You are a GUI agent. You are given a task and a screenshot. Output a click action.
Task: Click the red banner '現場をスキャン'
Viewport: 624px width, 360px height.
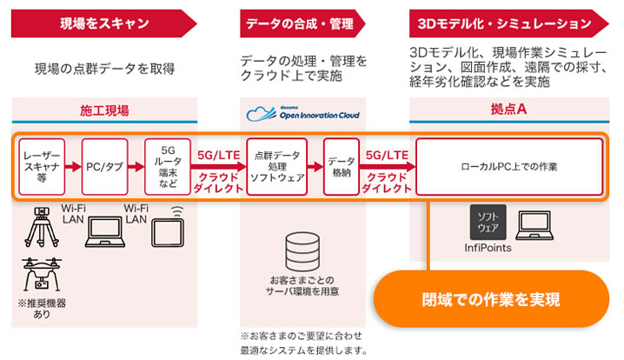click(x=104, y=23)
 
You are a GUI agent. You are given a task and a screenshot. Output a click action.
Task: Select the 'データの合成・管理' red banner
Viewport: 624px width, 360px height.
click(x=302, y=23)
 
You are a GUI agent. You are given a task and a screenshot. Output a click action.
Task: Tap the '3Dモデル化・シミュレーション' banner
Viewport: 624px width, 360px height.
click(x=509, y=23)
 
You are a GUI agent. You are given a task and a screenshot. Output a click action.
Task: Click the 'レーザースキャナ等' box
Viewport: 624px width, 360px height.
click(x=42, y=166)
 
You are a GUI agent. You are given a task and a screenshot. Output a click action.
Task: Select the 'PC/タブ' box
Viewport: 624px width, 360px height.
click(x=104, y=166)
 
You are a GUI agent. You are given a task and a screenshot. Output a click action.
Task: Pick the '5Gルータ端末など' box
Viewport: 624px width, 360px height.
click(x=168, y=166)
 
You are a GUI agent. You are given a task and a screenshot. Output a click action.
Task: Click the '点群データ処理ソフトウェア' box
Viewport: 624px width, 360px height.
click(x=277, y=166)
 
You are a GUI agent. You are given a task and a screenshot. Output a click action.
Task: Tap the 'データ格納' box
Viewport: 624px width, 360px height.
click(x=342, y=166)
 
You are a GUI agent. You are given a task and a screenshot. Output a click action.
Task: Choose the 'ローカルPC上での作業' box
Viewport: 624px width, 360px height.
click(x=509, y=166)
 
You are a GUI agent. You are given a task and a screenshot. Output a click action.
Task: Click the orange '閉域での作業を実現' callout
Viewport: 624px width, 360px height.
click(x=491, y=299)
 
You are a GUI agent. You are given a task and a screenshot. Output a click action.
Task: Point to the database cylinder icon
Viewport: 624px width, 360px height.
click(x=302, y=251)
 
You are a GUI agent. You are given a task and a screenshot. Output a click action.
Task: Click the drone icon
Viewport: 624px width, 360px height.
click(x=42, y=274)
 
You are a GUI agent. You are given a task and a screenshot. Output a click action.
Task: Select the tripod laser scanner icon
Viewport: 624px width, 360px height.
click(x=42, y=227)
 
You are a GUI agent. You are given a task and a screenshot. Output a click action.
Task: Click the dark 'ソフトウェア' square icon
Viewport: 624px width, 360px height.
click(x=488, y=223)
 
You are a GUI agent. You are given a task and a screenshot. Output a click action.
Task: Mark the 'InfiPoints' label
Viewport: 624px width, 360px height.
click(x=488, y=248)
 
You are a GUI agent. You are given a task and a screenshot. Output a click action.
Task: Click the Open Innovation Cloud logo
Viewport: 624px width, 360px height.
click(x=302, y=114)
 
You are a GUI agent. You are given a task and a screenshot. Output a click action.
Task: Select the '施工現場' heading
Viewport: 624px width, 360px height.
click(x=104, y=110)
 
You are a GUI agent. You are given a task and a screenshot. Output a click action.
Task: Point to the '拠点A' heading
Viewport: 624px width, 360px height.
click(x=509, y=109)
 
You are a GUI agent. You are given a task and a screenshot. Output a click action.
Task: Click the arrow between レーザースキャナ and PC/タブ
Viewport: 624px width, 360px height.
click(x=73, y=166)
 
